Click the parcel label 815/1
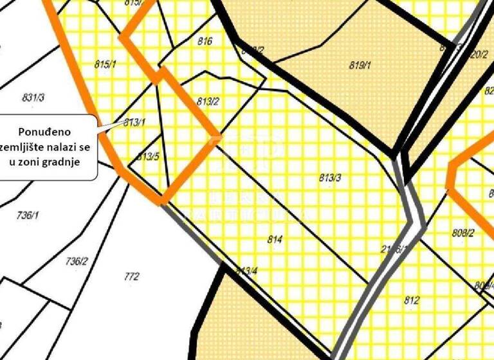[x=104, y=64]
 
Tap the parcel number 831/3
[x=33, y=98]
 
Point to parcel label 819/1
[x=360, y=65]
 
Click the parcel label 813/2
[x=208, y=101]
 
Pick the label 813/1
[x=135, y=122]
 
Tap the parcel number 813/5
[x=148, y=156]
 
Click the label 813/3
[x=330, y=178]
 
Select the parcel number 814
[x=275, y=239]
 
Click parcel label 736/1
[x=28, y=215]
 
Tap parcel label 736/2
[x=77, y=261]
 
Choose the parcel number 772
[x=131, y=277]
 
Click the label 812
[x=412, y=300]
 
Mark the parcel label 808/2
[x=462, y=233]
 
